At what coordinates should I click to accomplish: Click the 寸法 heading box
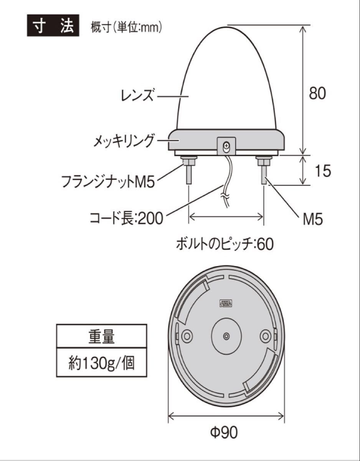point(53,26)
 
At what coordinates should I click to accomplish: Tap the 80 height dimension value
point(317,93)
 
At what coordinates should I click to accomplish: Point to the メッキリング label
point(124,141)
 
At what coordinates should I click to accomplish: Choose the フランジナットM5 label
point(108,181)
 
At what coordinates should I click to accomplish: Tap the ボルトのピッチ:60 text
point(225,244)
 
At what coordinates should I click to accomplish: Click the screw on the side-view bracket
point(227,145)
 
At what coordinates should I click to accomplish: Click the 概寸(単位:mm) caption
point(126,28)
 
